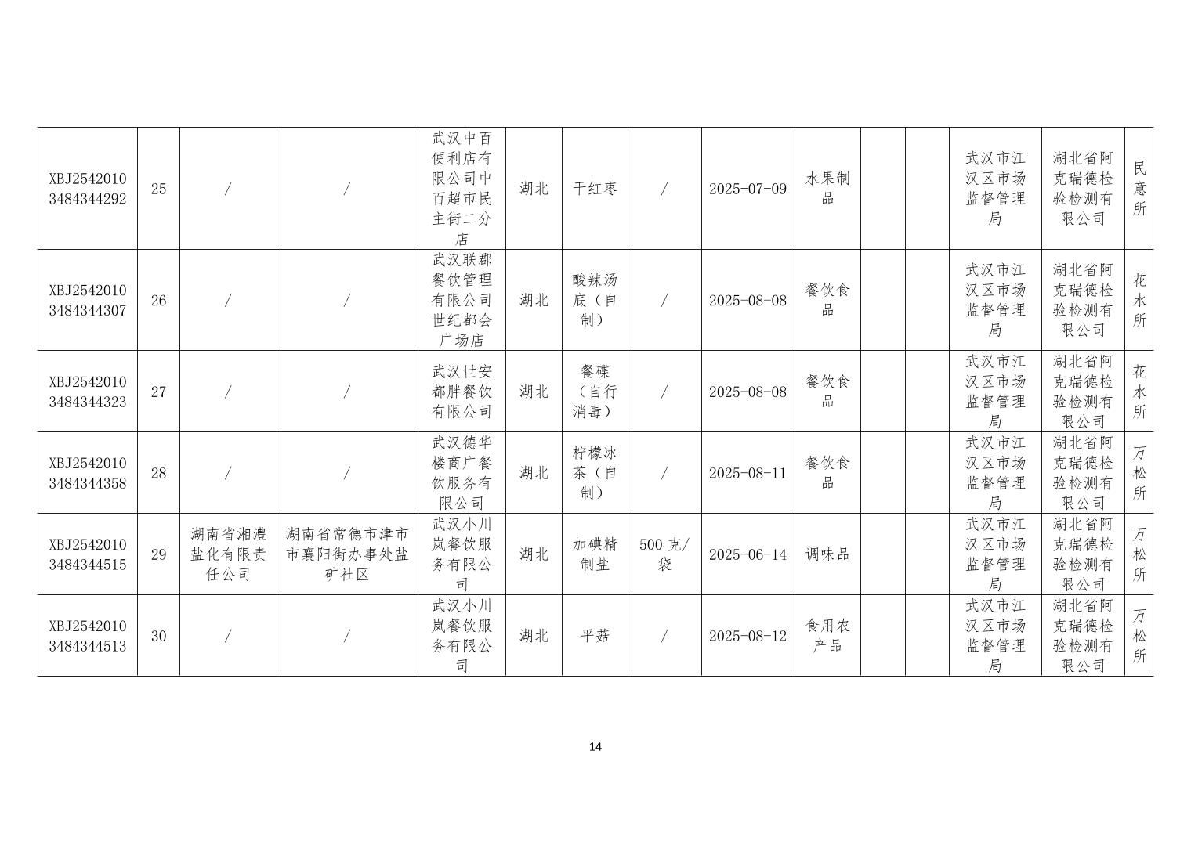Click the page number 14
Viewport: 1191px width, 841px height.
pos(595,747)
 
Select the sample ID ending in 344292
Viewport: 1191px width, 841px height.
pos(87,189)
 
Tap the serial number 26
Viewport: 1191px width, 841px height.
pos(158,301)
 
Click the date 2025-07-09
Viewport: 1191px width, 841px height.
pos(748,189)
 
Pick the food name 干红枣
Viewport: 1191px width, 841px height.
pos(595,189)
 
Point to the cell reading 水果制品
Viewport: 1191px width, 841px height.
pos(827,189)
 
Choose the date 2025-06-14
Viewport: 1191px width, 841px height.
pos(748,554)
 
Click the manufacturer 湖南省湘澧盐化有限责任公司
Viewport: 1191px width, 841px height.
pos(228,554)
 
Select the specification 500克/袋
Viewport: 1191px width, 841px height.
pos(664,554)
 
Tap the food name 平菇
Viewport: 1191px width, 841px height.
pos(595,636)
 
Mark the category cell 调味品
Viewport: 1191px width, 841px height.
pos(827,554)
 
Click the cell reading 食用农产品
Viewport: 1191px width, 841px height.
pos(827,636)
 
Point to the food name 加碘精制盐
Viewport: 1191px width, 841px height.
pos(595,554)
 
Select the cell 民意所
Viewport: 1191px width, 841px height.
pos(1139,189)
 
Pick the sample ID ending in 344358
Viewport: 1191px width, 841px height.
pos(87,473)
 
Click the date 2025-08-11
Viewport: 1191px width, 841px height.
pos(748,473)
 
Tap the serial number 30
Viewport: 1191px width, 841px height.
pos(158,636)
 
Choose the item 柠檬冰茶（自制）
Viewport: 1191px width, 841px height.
pos(595,473)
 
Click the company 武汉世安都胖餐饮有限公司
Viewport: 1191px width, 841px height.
pos(462,392)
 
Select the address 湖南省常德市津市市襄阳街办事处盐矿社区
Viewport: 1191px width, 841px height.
pos(347,554)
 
